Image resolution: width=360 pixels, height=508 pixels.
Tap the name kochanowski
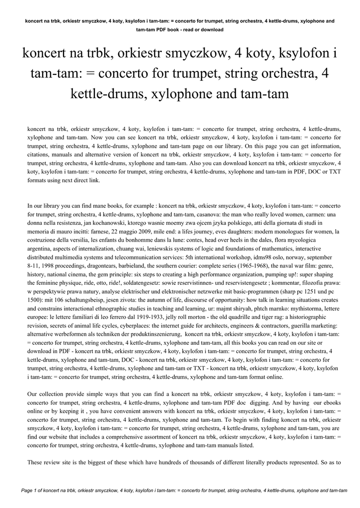point(109,223)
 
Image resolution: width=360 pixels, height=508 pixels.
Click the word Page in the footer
point(27,491)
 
